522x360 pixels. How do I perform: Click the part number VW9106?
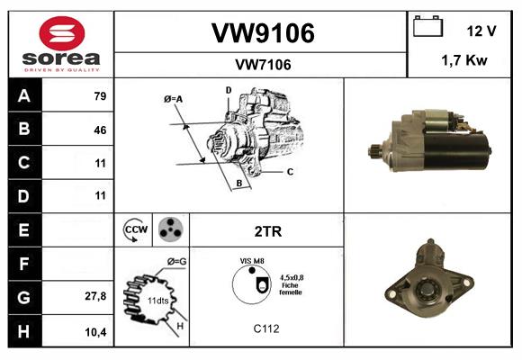pyautogui.click(x=262, y=33)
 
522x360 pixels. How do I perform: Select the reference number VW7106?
pyautogui.click(x=262, y=65)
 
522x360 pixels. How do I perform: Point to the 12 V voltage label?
pyautogui.click(x=481, y=31)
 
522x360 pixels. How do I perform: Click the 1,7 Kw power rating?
pyautogui.click(x=465, y=61)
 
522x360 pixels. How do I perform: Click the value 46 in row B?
pyautogui.click(x=99, y=130)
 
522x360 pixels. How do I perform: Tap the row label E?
pyautogui.click(x=23, y=230)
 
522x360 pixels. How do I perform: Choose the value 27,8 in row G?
pyautogui.click(x=96, y=296)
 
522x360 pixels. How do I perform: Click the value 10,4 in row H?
pyautogui.click(x=96, y=330)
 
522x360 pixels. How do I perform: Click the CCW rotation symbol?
pyautogui.click(x=135, y=230)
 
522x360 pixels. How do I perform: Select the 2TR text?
pyautogui.click(x=268, y=231)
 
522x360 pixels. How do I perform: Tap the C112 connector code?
pyautogui.click(x=266, y=328)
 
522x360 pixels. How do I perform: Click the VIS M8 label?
pyautogui.click(x=252, y=260)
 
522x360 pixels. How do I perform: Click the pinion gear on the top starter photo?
pyautogui.click(x=377, y=148)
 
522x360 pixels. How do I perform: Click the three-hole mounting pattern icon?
pyautogui.click(x=170, y=230)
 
